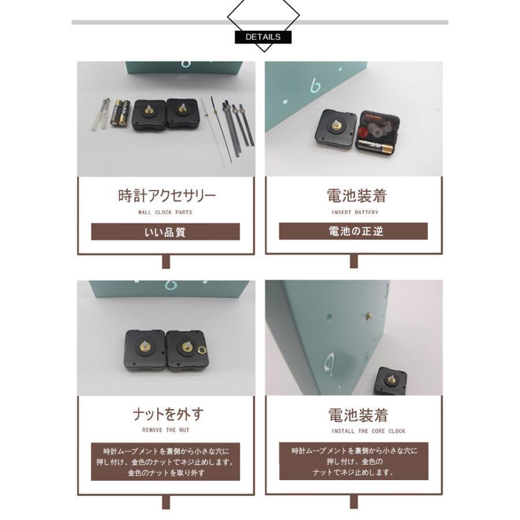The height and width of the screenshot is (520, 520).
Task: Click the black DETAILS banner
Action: pos(263,37)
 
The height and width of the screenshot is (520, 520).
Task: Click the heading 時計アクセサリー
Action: pos(167,196)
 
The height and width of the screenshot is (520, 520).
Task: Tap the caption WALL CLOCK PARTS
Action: pos(165,212)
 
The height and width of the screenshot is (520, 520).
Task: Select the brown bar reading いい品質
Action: pos(165,232)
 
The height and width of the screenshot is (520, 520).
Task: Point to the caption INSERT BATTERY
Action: pos(355,212)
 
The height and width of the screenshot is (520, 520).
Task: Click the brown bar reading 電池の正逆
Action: pos(353,231)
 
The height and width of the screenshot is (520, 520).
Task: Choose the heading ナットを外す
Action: pos(169,414)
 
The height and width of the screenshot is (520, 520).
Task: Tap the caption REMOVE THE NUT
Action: pos(166,430)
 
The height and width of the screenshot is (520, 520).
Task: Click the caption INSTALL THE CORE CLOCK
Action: pos(369,431)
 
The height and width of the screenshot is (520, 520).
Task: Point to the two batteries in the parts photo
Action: pos(120,113)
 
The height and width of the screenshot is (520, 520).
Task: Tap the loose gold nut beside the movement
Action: pos(201,350)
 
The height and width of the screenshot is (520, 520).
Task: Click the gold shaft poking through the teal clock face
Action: pos(369,315)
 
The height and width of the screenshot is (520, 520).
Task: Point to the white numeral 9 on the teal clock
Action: pos(329,362)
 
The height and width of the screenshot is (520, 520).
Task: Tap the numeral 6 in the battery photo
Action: pos(315,86)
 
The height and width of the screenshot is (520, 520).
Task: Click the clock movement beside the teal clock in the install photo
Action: pos(391,381)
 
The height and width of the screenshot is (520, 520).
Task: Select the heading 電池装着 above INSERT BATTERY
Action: pos(356,196)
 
